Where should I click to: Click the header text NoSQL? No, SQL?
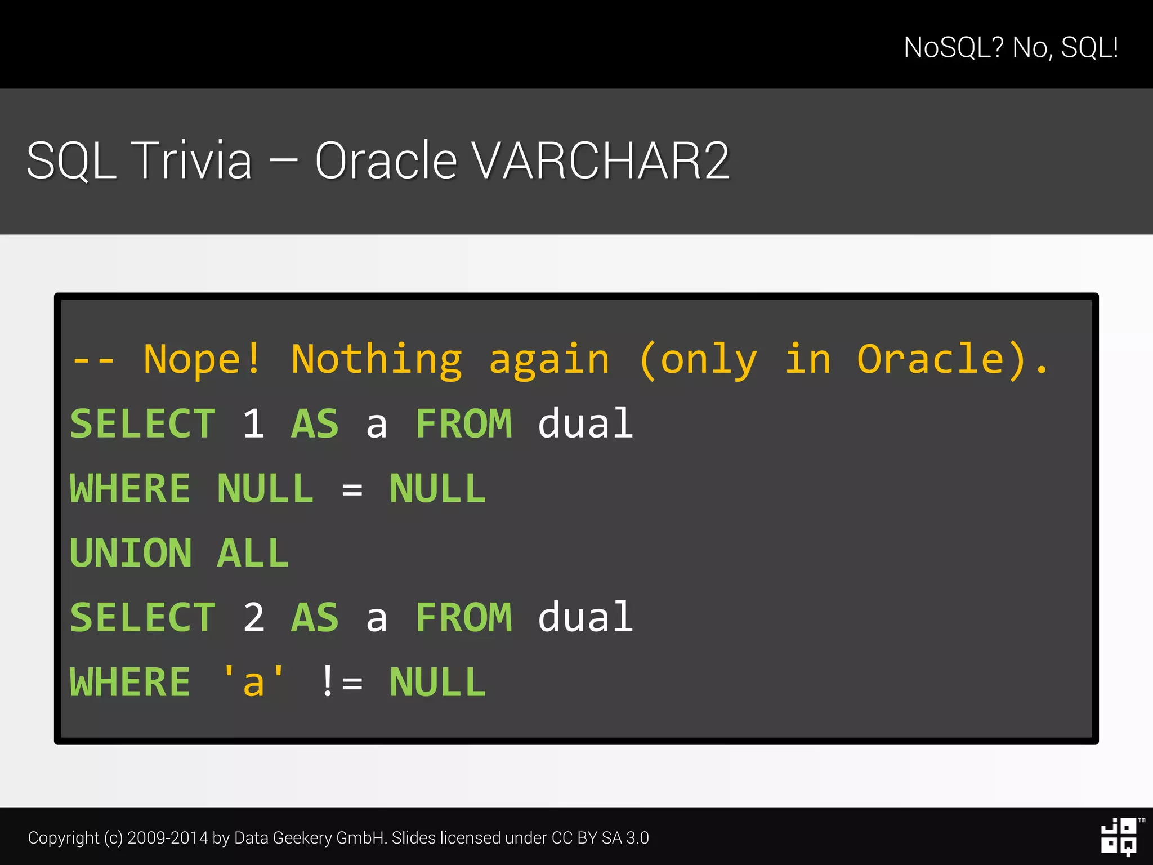(1011, 47)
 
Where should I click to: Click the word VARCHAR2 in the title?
(601, 161)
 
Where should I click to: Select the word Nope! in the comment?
(202, 359)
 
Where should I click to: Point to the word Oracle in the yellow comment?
(931, 359)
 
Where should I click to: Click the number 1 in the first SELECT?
(253, 423)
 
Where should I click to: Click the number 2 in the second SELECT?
(253, 617)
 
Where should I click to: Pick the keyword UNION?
(131, 553)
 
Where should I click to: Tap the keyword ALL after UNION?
(253, 553)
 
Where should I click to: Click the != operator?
(341, 682)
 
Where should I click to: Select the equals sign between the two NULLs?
(352, 489)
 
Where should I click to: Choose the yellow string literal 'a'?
(253, 682)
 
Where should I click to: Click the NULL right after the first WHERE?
(265, 488)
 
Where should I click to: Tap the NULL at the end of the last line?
(437, 682)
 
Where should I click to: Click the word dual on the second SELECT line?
(586, 617)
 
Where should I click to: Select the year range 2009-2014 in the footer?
(168, 838)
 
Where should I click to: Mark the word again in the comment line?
(549, 359)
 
